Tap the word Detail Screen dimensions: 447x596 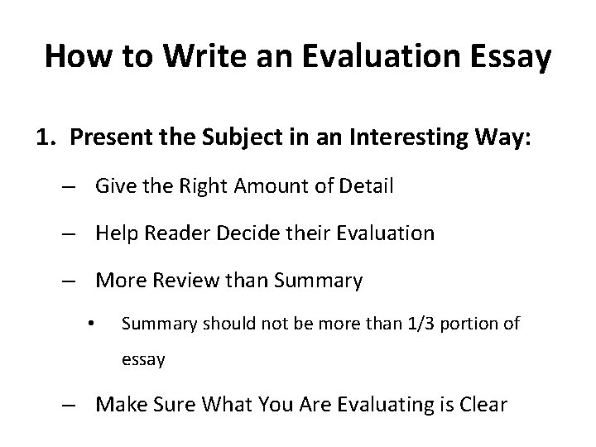coord(366,186)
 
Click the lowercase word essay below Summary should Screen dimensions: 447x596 coord(143,359)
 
